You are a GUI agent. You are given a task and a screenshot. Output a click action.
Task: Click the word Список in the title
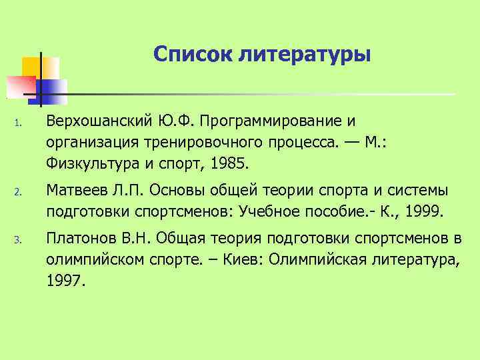tap(191, 52)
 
